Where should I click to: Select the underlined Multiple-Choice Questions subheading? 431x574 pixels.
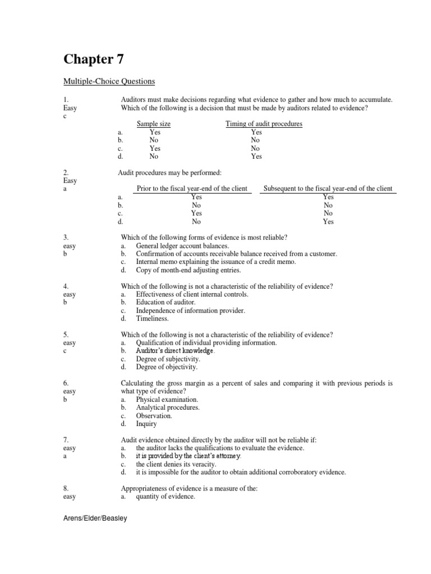[x=109, y=81]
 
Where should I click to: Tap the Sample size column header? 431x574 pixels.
[x=154, y=124]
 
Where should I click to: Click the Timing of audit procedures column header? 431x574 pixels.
[x=264, y=124]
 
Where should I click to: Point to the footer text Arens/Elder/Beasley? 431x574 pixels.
[x=95, y=519]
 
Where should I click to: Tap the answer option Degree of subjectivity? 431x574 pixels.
[x=167, y=359]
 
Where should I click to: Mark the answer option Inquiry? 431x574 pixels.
[x=147, y=424]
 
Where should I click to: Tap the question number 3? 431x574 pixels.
[x=66, y=238]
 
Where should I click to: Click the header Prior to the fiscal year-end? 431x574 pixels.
[x=192, y=189]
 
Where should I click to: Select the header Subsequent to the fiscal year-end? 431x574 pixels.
[x=328, y=189]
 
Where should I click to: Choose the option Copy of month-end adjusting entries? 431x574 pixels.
[x=188, y=270]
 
